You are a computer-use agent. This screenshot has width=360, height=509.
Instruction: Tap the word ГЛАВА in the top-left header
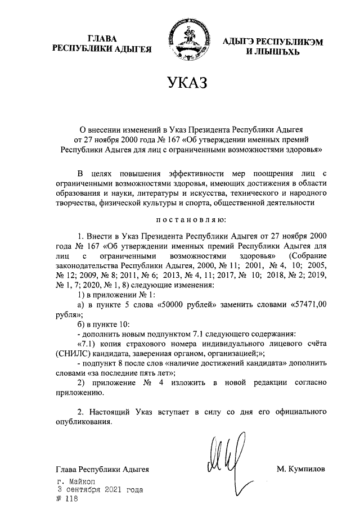102,39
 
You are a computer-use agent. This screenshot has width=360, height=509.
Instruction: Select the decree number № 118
66,499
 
